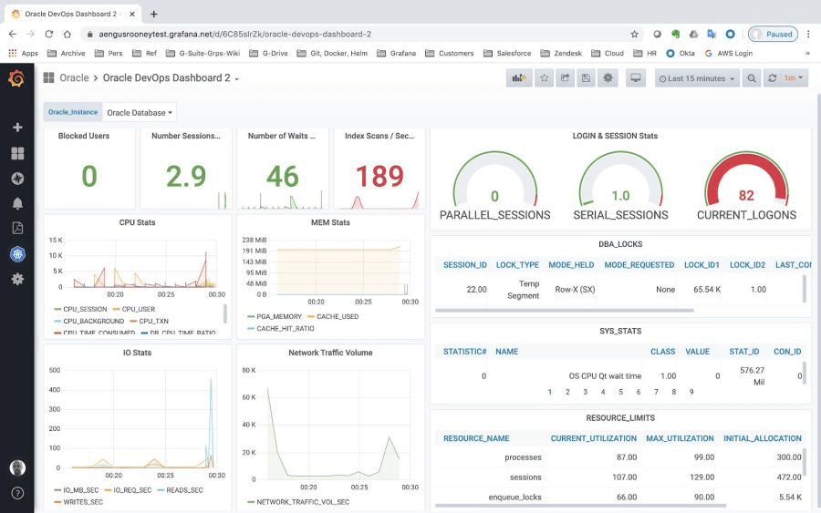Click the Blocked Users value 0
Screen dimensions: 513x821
[x=89, y=176]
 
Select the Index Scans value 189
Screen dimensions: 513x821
[x=379, y=176]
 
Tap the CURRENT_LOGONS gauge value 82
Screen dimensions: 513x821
[x=746, y=195]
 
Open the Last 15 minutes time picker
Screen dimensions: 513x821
[x=697, y=78]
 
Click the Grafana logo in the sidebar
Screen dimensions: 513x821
[x=16, y=78]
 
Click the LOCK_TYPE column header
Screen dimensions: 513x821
[x=517, y=265]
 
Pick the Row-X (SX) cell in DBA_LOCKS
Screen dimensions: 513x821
[x=575, y=290]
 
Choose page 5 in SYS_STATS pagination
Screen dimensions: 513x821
[x=620, y=392]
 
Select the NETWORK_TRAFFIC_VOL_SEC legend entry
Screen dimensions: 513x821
[x=302, y=502]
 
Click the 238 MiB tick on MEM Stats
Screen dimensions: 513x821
[x=255, y=239]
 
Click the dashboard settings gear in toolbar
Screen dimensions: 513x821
[x=608, y=78]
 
